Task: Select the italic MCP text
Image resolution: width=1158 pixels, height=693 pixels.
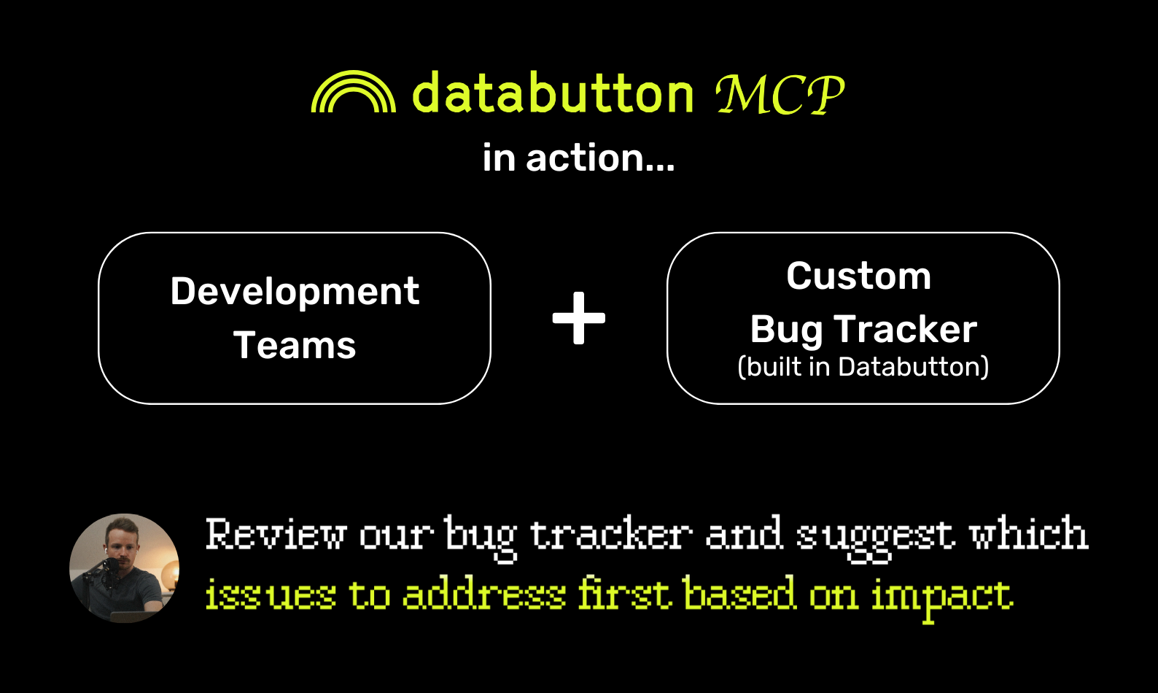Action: pos(780,94)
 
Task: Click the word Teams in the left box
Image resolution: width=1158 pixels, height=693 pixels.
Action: pos(295,345)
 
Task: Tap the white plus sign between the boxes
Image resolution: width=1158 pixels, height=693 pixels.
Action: pos(578,318)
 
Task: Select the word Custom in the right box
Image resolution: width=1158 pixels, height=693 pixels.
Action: pos(859,276)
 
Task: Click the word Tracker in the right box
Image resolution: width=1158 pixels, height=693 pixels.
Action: pos(906,329)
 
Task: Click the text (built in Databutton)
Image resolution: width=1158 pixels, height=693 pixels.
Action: pos(863,367)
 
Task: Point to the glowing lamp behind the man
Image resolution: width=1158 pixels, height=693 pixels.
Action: pos(169,573)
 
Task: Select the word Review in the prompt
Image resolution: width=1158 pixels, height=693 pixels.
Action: pos(276,533)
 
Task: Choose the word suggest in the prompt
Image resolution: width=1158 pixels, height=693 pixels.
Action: pos(875,538)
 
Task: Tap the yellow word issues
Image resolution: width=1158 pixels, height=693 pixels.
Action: pos(271,594)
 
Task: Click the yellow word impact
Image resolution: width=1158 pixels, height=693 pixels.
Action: pos(942,598)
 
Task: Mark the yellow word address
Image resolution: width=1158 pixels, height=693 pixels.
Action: pos(484,592)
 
